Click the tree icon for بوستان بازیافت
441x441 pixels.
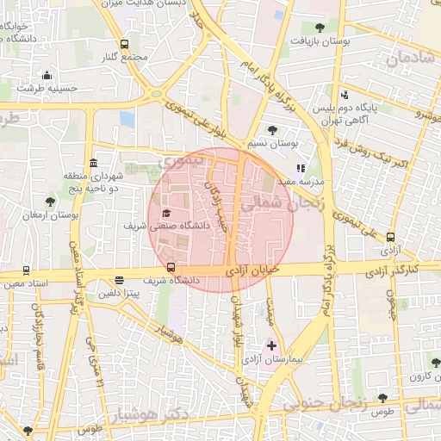pyautogui.click(x=320, y=28)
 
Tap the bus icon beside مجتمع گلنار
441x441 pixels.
pyautogui.click(x=125, y=45)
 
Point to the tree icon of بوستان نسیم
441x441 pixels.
pyautogui.click(x=273, y=130)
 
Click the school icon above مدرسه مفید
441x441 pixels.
pyautogui.click(x=301, y=169)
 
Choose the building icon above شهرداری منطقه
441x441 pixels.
pyautogui.click(x=92, y=163)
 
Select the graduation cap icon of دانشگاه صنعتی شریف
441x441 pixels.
pyautogui.click(x=166, y=213)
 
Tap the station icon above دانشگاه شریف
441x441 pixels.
pyautogui.click(x=171, y=267)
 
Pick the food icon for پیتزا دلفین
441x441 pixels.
pyautogui.click(x=119, y=280)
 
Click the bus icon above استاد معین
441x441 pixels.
pyautogui.click(x=27, y=270)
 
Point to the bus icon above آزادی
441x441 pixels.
pyautogui.click(x=392, y=238)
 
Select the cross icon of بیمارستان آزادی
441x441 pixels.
pyautogui.click(x=272, y=345)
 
